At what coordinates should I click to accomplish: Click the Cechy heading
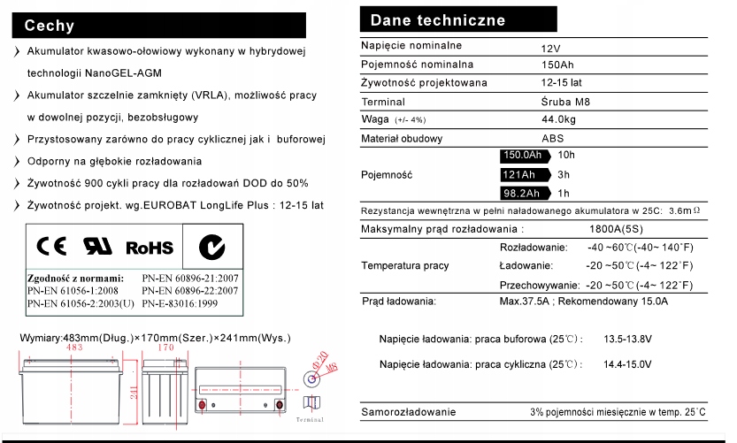click(50, 25)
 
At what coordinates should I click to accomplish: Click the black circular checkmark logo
click(210, 247)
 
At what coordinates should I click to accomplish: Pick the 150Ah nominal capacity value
click(557, 65)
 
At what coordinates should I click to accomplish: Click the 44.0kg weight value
click(558, 120)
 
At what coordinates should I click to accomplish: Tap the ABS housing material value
click(552, 139)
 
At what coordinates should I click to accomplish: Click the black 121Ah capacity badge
click(519, 174)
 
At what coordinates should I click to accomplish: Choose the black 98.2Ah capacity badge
click(522, 193)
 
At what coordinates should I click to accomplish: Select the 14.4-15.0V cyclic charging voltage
click(627, 364)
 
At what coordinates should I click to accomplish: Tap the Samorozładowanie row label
click(409, 412)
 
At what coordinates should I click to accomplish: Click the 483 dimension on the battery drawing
click(74, 348)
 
